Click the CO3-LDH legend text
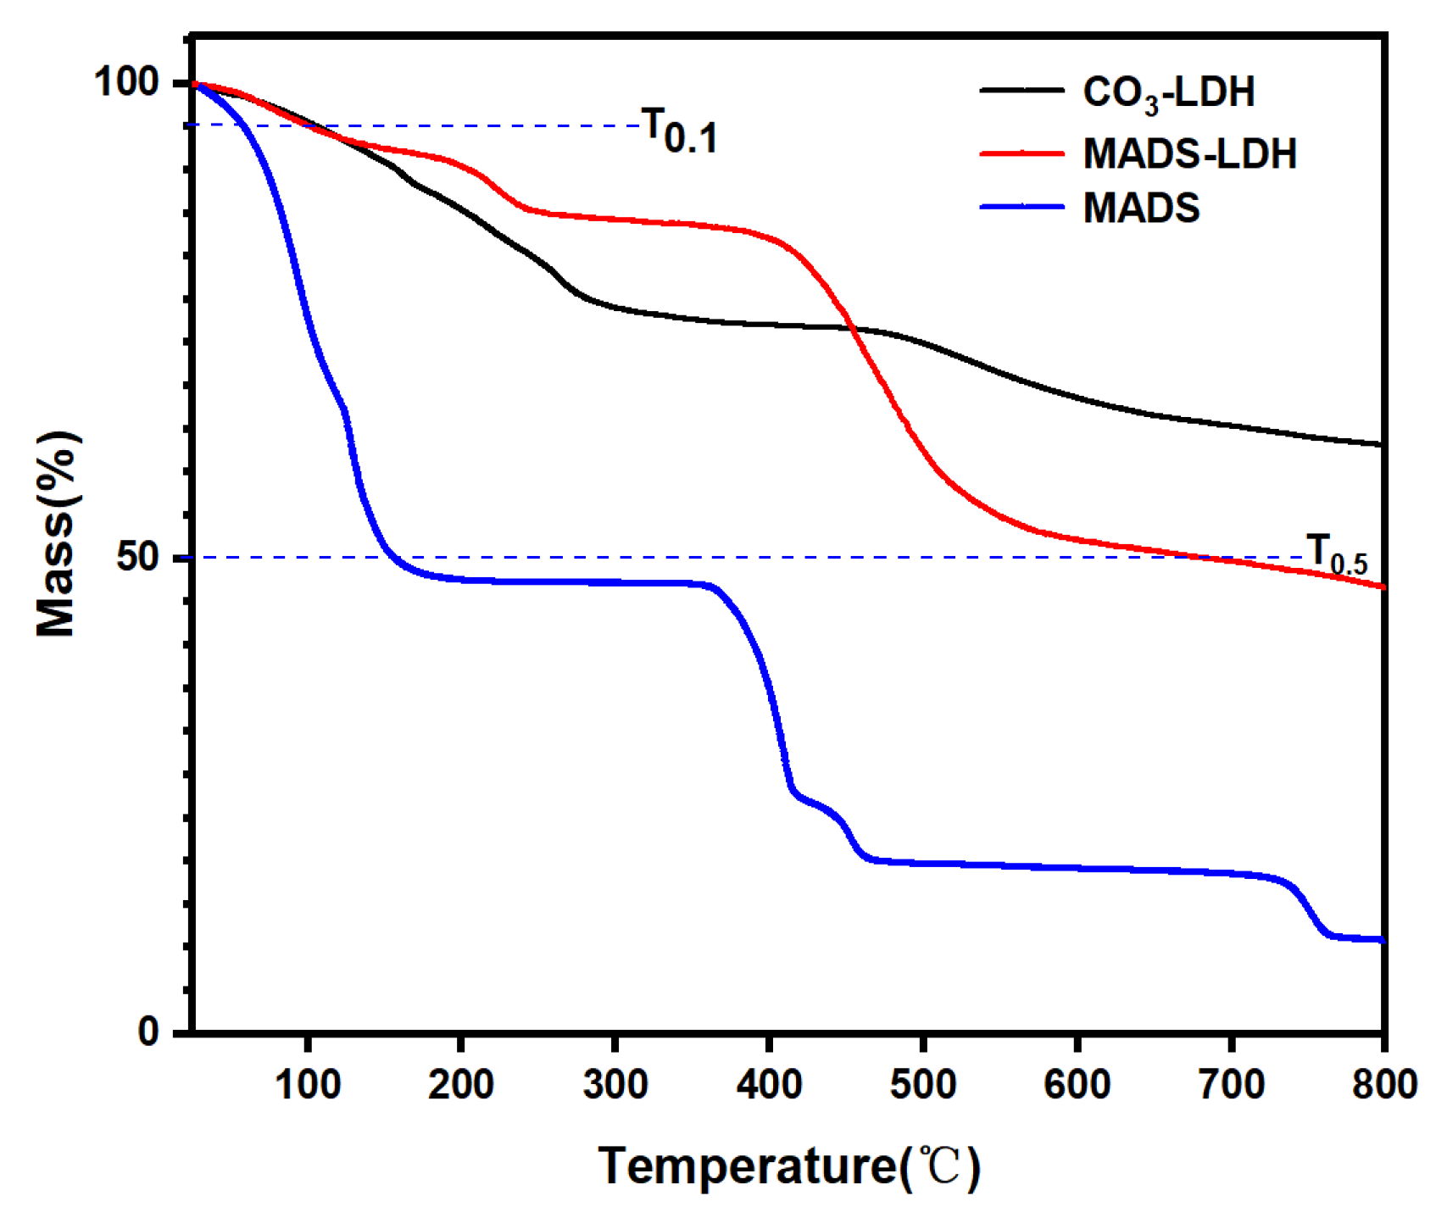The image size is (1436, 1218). (x=1168, y=92)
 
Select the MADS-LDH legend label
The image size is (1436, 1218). (x=1189, y=154)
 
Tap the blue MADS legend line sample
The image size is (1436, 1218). (x=1021, y=207)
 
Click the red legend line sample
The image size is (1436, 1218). (x=1021, y=153)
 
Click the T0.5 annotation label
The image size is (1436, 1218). (x=1337, y=554)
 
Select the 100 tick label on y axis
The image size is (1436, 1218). (x=126, y=82)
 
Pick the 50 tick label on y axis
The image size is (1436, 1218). (x=138, y=558)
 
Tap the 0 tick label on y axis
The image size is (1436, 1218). (x=149, y=1032)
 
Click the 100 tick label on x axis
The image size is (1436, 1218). (x=308, y=1084)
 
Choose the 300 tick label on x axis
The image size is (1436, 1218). (x=615, y=1084)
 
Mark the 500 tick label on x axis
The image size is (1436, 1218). (x=923, y=1084)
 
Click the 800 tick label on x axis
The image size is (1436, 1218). (x=1384, y=1084)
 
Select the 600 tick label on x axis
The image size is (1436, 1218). (x=1077, y=1084)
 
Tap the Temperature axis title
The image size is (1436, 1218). (x=788, y=1166)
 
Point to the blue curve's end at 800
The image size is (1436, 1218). (x=1382, y=939)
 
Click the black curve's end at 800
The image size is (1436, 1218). (x=1382, y=444)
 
